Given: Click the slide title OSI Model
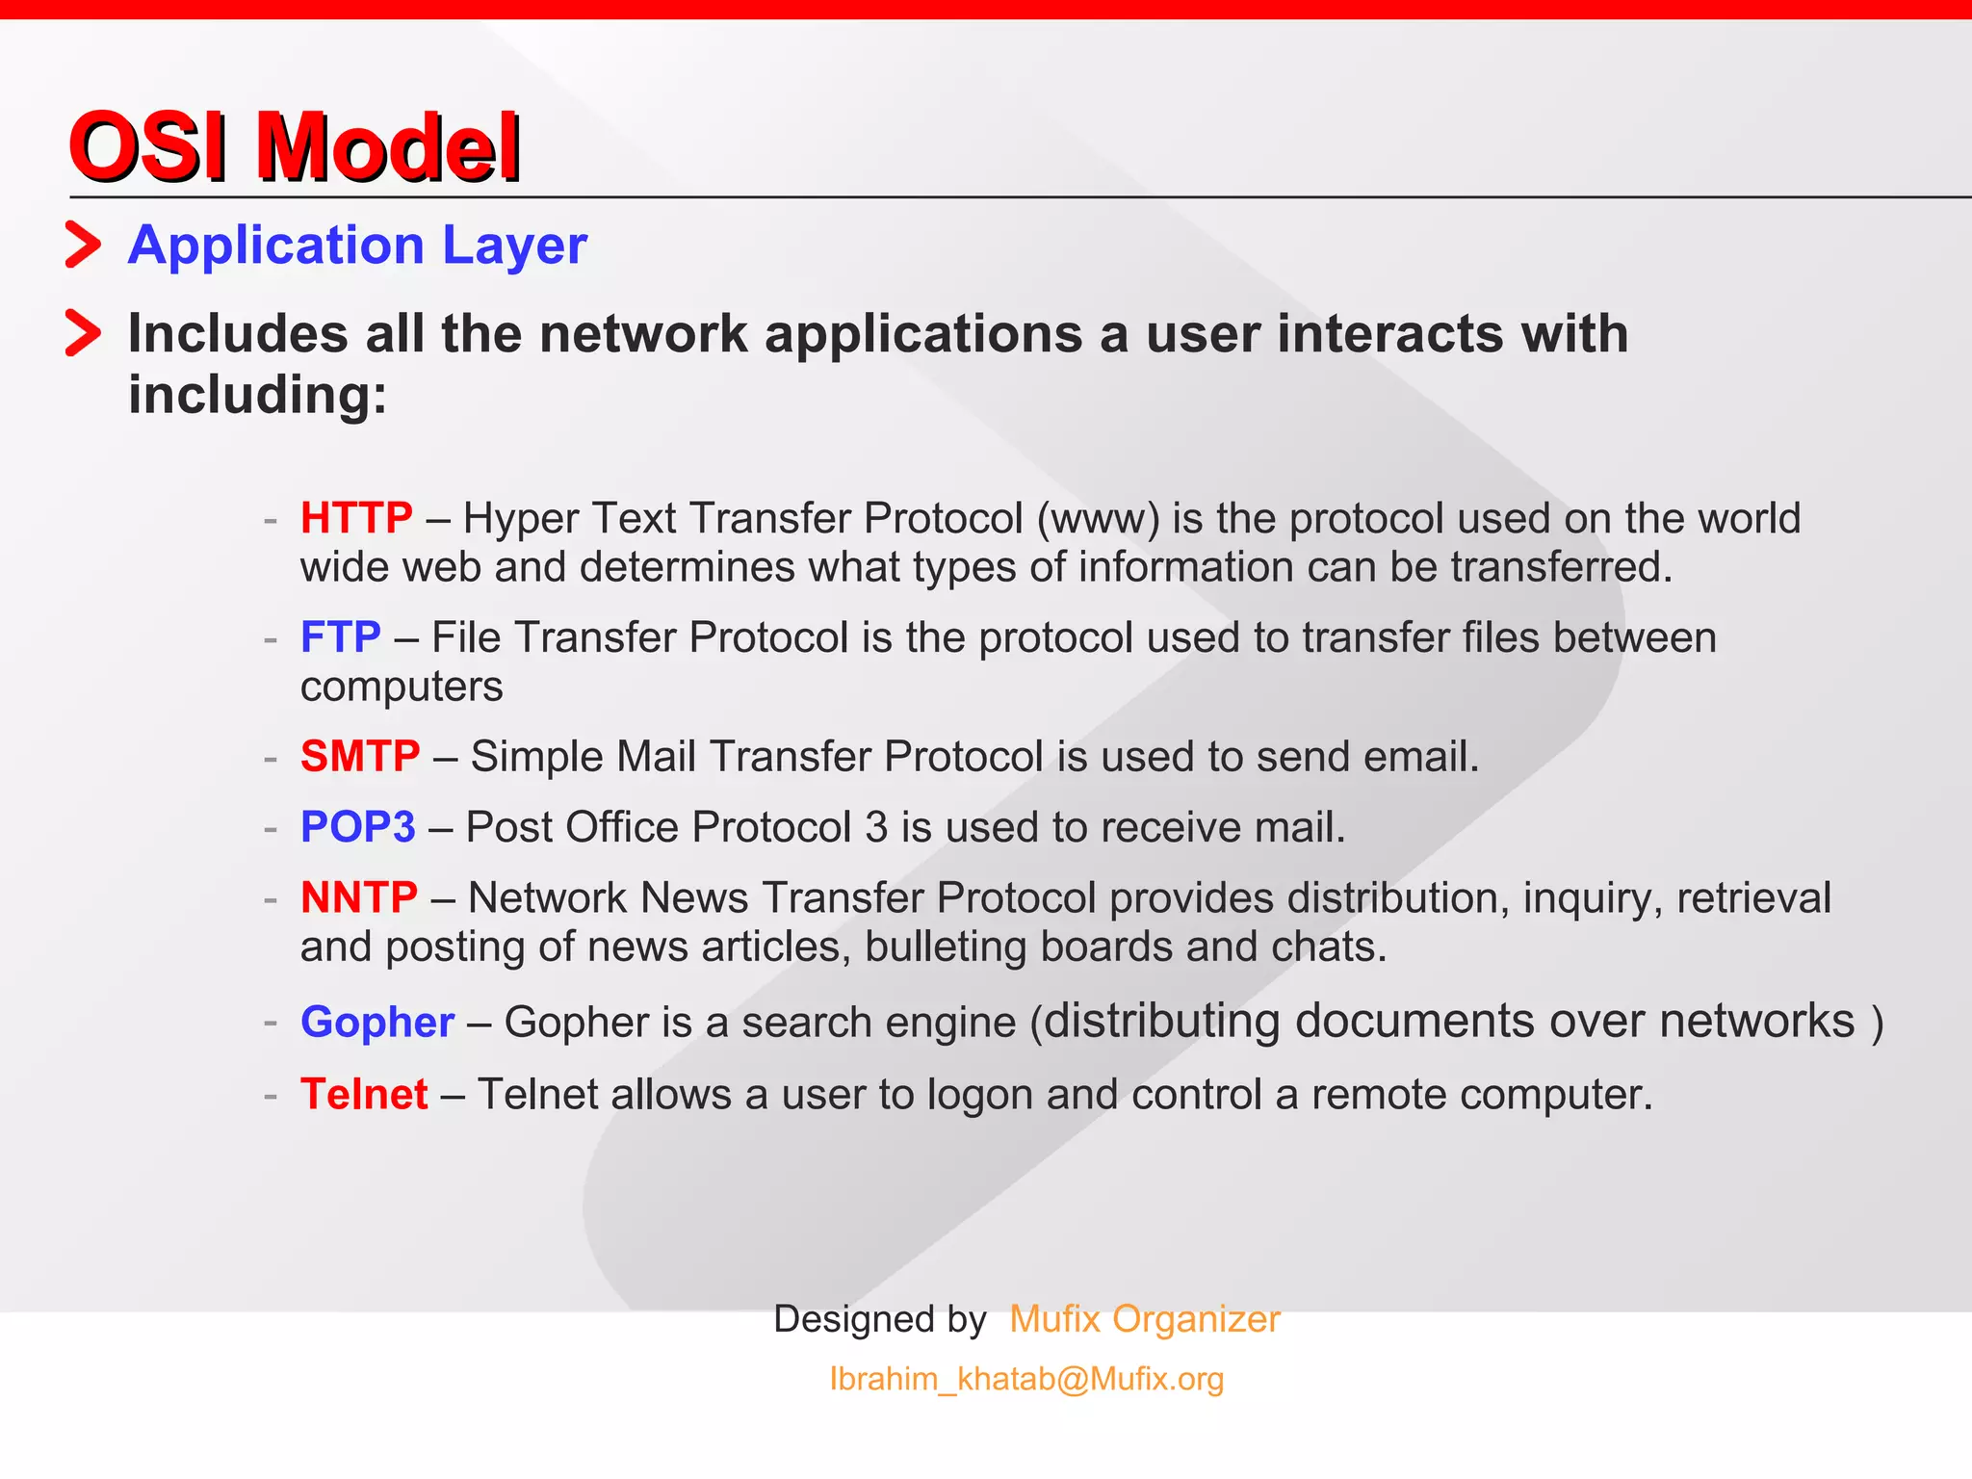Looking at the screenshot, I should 295,146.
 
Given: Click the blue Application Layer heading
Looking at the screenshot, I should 357,245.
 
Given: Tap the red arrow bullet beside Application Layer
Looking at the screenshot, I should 83,245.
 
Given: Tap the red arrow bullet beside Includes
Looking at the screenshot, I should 83,333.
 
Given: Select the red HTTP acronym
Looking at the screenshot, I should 356,518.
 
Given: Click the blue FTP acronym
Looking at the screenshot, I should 341,637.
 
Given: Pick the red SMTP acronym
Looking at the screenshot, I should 360,756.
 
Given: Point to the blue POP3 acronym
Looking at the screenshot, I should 358,827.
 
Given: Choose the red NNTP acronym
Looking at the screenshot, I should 359,897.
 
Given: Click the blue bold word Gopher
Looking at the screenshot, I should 377,1022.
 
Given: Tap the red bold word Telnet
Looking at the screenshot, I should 364,1094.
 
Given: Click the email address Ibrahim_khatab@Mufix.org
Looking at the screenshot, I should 1026,1379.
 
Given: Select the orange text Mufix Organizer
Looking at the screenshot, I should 1145,1318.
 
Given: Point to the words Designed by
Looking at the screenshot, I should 880,1318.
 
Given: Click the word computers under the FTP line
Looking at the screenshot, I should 402,687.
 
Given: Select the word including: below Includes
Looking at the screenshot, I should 258,395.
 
